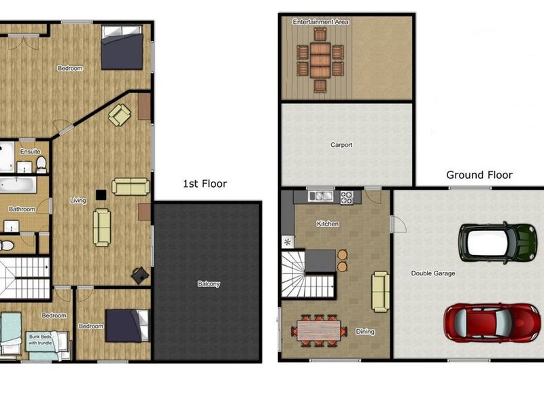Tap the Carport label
pyautogui.click(x=341, y=145)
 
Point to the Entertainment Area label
pyautogui.click(x=320, y=22)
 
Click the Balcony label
pyautogui.click(x=209, y=284)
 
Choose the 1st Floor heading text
pyautogui.click(x=205, y=184)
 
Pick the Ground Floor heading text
pyautogui.click(x=479, y=175)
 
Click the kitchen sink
pyautogui.click(x=320, y=196)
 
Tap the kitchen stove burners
pyautogui.click(x=347, y=197)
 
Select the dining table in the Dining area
pyautogui.click(x=319, y=330)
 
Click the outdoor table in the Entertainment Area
pyautogui.click(x=320, y=60)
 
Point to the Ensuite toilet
pyautogui.click(x=41, y=164)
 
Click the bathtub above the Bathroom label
pyautogui.click(x=18, y=185)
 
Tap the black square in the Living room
pyautogui.click(x=101, y=194)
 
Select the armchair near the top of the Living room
pyautogui.click(x=120, y=115)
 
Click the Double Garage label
pyautogui.click(x=433, y=273)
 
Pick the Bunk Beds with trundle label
pyautogui.click(x=40, y=339)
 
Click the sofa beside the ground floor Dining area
pyautogui.click(x=381, y=292)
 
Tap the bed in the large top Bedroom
pyautogui.click(x=122, y=48)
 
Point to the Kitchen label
pyautogui.click(x=328, y=224)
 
